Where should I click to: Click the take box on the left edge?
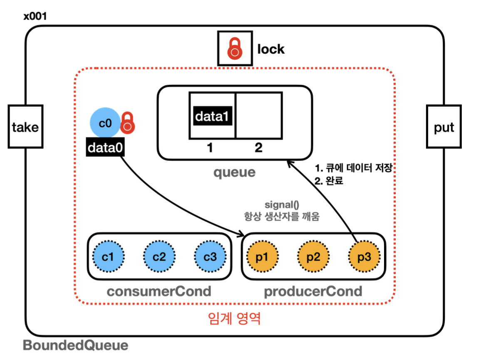point(25,126)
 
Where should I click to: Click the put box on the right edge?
point(444,126)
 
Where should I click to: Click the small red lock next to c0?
point(128,122)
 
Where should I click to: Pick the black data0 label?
point(105,147)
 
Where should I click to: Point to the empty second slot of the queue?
point(259,115)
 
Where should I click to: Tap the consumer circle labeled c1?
point(109,256)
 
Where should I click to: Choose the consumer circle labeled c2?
point(159,256)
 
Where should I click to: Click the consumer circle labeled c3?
point(210,256)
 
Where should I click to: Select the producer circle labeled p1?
point(262,256)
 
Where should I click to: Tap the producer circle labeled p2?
point(313,256)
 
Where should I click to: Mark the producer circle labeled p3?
point(364,256)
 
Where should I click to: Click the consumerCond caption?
point(159,291)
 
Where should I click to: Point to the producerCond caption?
point(313,291)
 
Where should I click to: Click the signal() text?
point(282,205)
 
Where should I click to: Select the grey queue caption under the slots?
point(234,172)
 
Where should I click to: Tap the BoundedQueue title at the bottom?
point(75,345)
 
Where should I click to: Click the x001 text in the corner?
point(35,17)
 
